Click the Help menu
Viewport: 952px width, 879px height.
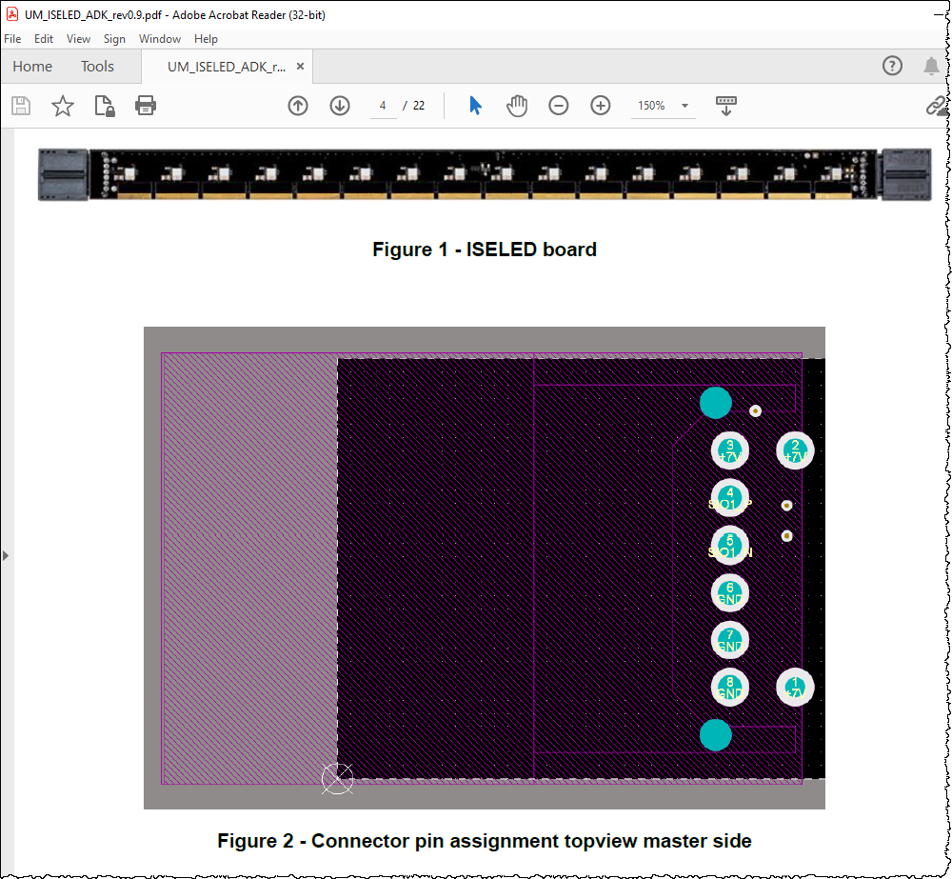pos(206,39)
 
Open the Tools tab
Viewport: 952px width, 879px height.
pos(97,67)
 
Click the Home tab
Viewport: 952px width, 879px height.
pos(32,67)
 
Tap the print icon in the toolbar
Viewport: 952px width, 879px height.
pos(146,106)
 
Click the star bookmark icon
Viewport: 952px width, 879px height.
pos(63,106)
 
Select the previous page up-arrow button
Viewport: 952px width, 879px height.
pos(298,106)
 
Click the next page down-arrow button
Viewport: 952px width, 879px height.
pos(340,106)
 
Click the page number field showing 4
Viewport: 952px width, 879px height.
pos(383,106)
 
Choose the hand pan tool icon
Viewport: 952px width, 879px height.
pos(517,106)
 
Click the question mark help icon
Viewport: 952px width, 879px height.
pos(892,66)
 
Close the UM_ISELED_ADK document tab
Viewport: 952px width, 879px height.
pos(301,67)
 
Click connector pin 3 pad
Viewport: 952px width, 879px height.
pos(730,450)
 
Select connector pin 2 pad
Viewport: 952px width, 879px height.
pos(795,450)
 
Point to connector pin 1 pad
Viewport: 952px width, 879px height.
pos(795,687)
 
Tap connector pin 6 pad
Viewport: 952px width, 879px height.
pos(730,593)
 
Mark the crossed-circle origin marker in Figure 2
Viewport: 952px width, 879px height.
pos(337,779)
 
